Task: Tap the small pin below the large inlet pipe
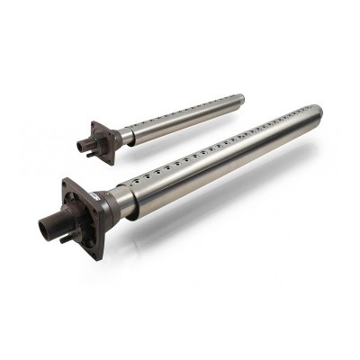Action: [x=62, y=239]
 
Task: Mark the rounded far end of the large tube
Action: [x=317, y=112]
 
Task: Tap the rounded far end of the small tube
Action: [x=241, y=97]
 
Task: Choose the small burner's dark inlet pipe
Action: [x=84, y=141]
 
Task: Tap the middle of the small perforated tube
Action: [x=180, y=118]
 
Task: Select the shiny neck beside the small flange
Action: [x=124, y=138]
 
